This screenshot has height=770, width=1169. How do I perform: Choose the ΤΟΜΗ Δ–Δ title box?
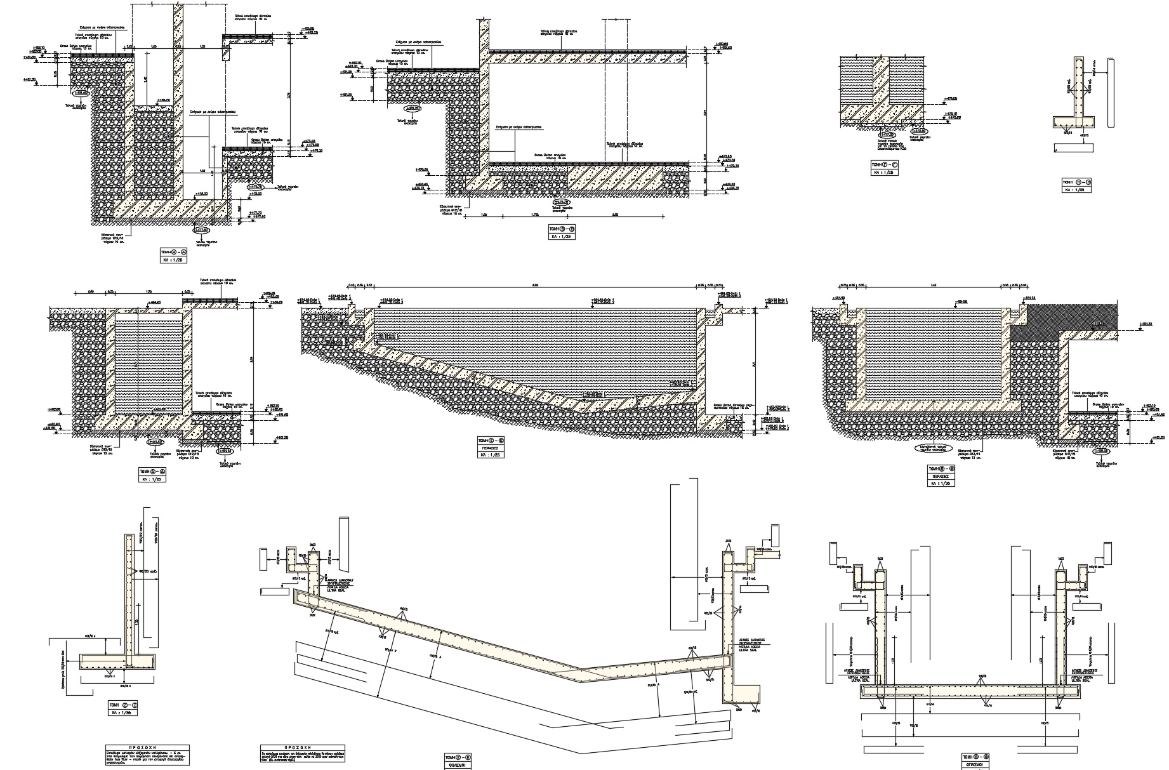point(151,472)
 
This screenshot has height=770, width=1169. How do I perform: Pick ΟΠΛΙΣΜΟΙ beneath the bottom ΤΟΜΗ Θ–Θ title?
point(976,766)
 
